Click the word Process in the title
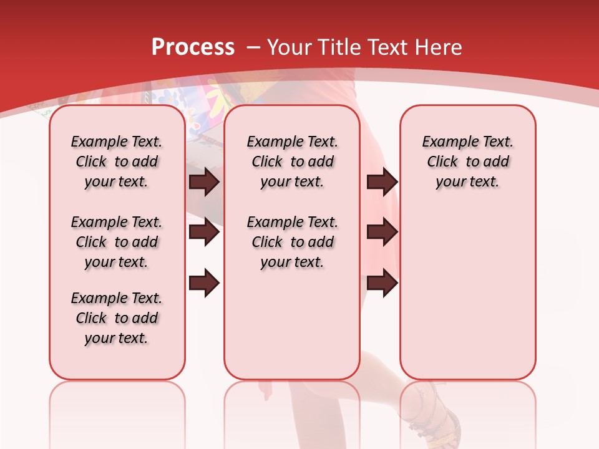[x=193, y=47]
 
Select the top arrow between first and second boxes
[x=204, y=181]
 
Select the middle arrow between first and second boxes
[x=204, y=233]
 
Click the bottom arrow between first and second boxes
[x=204, y=284]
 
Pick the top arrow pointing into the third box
[x=382, y=181]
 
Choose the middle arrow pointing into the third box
[x=382, y=233]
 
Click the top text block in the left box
[x=117, y=162]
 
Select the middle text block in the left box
[x=117, y=242]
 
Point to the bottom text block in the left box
[x=117, y=318]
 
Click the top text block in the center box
[x=292, y=162]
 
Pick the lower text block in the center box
[x=292, y=242]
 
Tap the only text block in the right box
[x=467, y=162]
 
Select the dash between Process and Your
[x=253, y=47]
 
